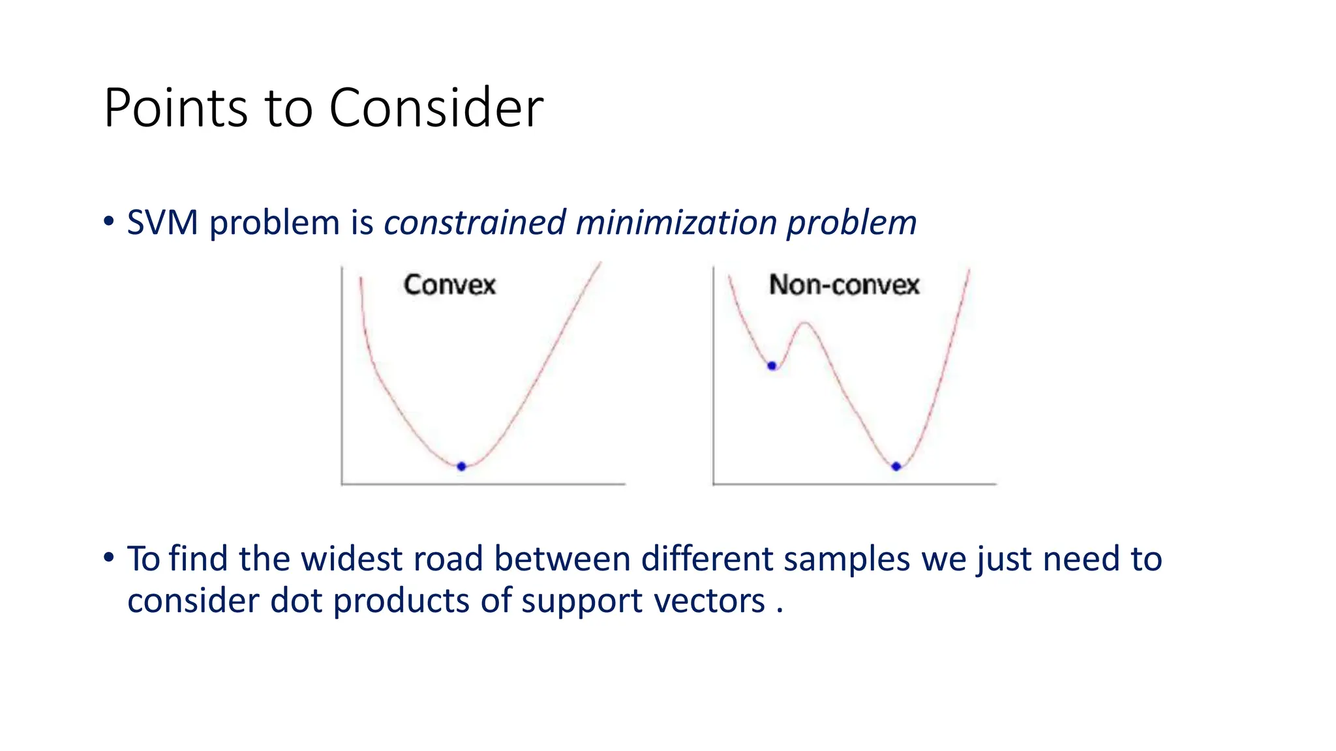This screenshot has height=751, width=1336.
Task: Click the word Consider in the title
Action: pyautogui.click(x=436, y=108)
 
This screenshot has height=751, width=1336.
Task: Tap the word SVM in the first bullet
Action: pyautogui.click(x=162, y=223)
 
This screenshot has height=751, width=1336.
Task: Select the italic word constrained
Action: pyautogui.click(x=475, y=223)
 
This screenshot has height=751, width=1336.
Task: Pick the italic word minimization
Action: pyautogui.click(x=675, y=223)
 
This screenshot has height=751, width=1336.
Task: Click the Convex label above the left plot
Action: pyautogui.click(x=449, y=285)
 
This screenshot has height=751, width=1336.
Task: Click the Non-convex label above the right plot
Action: pyautogui.click(x=843, y=285)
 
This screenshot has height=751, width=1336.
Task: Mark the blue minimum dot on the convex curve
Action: pyautogui.click(x=461, y=466)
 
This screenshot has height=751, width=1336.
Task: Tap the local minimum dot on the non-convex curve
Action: pyautogui.click(x=772, y=366)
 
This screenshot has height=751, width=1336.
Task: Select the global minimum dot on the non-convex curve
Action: pyautogui.click(x=896, y=466)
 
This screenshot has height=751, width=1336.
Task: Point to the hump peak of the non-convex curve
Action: pyautogui.click(x=805, y=323)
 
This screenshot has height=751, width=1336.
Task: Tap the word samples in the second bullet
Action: pyautogui.click(x=846, y=559)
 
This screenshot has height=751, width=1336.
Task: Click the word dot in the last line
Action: pyautogui.click(x=296, y=600)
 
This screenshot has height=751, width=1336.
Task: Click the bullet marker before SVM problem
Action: pyautogui.click(x=109, y=221)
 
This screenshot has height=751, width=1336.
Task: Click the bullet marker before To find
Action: pyautogui.click(x=109, y=557)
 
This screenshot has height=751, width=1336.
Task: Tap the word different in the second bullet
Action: pyautogui.click(x=706, y=559)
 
